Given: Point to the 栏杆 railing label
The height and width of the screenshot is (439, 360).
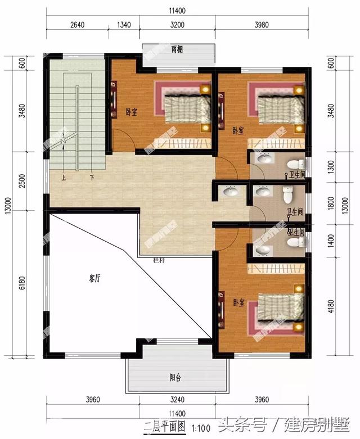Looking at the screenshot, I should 159,260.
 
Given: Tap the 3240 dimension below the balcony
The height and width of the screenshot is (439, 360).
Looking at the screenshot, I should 177,400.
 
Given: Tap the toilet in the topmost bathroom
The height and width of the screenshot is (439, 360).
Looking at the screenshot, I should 294,165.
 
